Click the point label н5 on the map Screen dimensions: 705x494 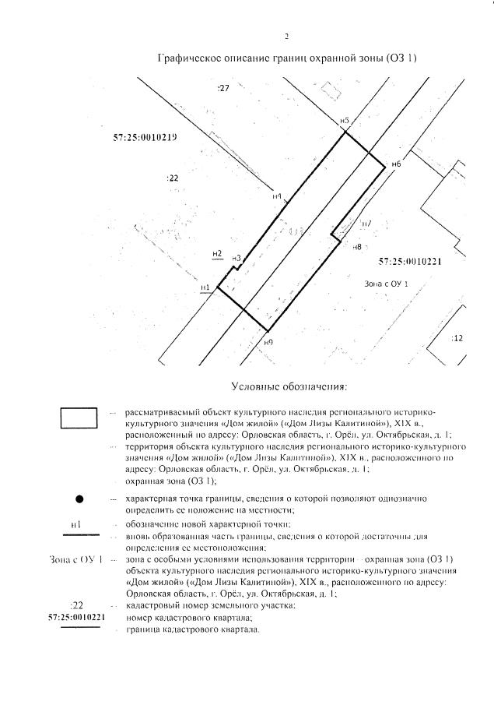(344, 121)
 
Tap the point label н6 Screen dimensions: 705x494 (396, 164)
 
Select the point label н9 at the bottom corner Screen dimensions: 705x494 (268, 342)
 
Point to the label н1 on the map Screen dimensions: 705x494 (205, 287)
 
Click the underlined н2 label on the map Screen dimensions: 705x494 (218, 254)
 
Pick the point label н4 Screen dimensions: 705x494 (277, 196)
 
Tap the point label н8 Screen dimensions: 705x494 (358, 247)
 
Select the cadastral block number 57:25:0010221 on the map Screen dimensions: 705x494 (410, 262)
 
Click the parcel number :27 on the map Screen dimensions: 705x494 (223, 90)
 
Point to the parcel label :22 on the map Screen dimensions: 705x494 (173, 178)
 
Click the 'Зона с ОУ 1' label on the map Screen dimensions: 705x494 (386, 284)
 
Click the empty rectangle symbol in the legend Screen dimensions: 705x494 (79, 418)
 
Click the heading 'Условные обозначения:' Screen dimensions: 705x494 (289, 386)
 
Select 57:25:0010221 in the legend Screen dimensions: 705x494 (76, 617)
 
